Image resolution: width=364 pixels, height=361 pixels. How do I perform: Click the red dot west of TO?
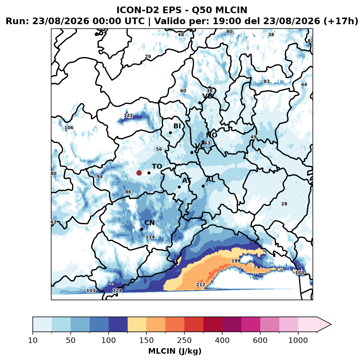click(139, 173)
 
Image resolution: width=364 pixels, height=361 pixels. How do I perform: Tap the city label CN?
click(149, 223)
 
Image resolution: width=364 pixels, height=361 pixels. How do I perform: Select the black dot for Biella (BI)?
click(170, 133)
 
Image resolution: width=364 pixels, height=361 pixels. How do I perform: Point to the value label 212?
click(201, 285)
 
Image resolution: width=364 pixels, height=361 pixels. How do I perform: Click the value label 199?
click(236, 261)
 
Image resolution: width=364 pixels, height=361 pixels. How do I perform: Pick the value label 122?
click(128, 115)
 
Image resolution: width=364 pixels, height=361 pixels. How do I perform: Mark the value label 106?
click(69, 128)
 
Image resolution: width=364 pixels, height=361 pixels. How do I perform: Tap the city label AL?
click(210, 179)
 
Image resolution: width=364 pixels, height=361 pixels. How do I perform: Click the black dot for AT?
click(179, 187)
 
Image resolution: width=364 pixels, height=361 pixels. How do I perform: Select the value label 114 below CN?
click(150, 237)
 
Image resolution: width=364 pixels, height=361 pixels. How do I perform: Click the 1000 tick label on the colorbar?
click(298, 341)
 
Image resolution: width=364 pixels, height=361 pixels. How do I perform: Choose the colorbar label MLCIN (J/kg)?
click(175, 351)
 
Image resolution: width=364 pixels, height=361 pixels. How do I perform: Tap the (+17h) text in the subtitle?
click(341, 21)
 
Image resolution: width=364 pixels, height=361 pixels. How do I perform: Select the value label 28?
click(284, 204)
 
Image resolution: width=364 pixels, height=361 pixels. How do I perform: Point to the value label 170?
click(300, 273)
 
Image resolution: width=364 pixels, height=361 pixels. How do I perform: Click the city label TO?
click(157, 166)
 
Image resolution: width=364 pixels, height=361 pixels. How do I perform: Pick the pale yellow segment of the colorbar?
click(137, 324)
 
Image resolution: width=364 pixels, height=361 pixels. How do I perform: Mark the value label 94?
click(100, 176)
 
